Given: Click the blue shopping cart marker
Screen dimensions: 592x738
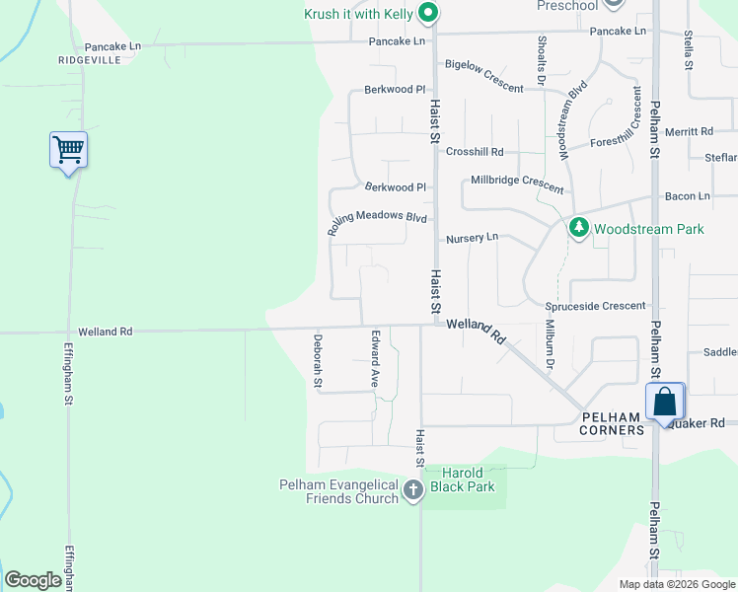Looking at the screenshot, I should pos(68,151).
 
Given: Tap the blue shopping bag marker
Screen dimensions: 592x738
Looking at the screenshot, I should pos(665,402).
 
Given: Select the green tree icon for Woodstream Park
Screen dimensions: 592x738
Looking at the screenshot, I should pos(578,228).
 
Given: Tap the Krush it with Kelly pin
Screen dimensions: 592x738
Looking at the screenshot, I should pos(427,13).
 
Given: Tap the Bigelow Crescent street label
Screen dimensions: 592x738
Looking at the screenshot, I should pos(483,76).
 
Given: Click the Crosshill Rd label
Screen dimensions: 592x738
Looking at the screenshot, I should pos(475,152).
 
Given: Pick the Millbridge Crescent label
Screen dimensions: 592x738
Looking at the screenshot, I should pos(517,184).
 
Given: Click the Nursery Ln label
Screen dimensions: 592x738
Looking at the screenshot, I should pos(472,238).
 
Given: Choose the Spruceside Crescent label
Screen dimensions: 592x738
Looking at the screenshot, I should pos(595,307).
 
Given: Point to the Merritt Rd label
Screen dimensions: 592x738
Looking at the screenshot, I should pos(689,131).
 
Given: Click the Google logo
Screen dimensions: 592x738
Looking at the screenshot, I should pos(33,580).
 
